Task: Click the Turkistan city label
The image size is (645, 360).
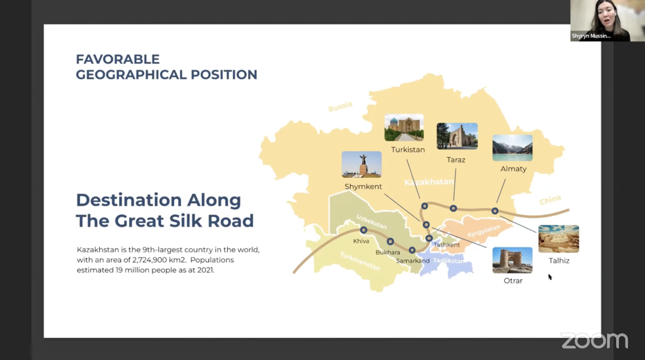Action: [x=408, y=150]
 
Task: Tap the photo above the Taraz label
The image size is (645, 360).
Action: [x=457, y=136]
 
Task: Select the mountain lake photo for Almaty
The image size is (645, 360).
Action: [x=512, y=148]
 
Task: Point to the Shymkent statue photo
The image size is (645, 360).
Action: [x=362, y=164]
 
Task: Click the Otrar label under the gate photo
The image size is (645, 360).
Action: [x=513, y=281]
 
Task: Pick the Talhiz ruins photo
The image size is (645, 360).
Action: [x=559, y=239]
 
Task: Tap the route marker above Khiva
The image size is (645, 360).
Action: [x=364, y=230]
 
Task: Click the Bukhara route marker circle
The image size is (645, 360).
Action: [x=390, y=242]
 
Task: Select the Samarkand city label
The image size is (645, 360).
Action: [x=413, y=261]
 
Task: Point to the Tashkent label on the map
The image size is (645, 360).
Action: [x=446, y=245]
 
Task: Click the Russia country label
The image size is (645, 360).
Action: [x=340, y=106]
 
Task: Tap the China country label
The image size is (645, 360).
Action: [x=550, y=200]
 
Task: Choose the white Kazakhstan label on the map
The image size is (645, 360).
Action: [x=429, y=182]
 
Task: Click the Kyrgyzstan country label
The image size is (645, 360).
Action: [x=484, y=231]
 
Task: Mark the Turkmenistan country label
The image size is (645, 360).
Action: [x=360, y=261]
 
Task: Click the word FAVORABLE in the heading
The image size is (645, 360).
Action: [x=117, y=59]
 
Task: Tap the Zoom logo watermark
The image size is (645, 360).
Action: [x=594, y=341]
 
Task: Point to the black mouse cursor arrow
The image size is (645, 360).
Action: [x=550, y=277]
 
